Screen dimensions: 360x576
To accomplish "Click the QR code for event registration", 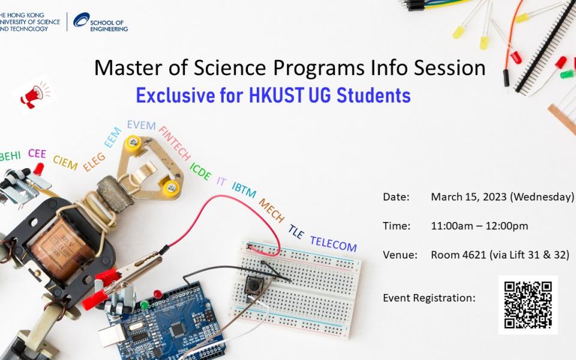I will pyautogui.click(x=528, y=305).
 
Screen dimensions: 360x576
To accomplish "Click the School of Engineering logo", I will pyautogui.click(x=100, y=22).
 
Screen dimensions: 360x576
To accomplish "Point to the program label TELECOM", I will pyautogui.click(x=333, y=244).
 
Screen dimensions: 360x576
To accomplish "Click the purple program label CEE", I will pyautogui.click(x=37, y=154).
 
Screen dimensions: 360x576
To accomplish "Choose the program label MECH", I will pyautogui.click(x=272, y=211).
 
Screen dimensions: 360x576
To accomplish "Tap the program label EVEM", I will pyautogui.click(x=141, y=126).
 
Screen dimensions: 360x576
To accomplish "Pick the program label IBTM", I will pyautogui.click(x=244, y=190).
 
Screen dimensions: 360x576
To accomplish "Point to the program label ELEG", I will pyautogui.click(x=94, y=162).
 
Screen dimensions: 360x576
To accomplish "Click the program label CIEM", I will pyautogui.click(x=65, y=162).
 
